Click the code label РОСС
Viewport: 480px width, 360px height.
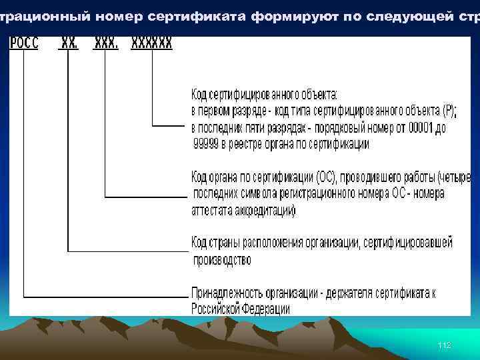click(25, 43)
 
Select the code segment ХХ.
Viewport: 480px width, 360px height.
click(69, 43)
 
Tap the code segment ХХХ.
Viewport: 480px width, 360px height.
click(107, 43)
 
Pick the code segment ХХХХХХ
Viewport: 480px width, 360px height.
click(152, 43)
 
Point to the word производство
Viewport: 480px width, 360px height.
click(222, 260)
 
